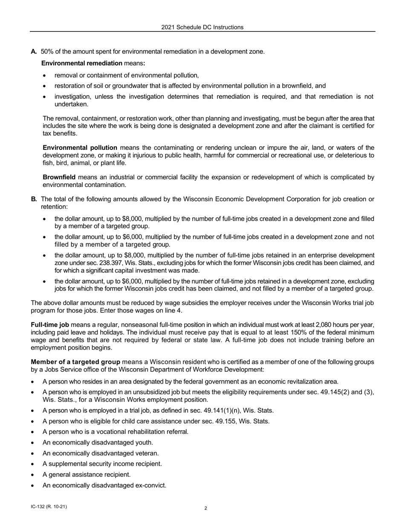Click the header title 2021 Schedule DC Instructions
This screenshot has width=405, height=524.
(202, 27)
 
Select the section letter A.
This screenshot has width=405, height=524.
(34, 52)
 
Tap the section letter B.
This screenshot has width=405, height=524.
(34, 199)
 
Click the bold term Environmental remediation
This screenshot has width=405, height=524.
(81, 63)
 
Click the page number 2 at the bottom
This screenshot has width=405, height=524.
(205, 508)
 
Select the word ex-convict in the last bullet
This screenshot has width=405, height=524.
(150, 485)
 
